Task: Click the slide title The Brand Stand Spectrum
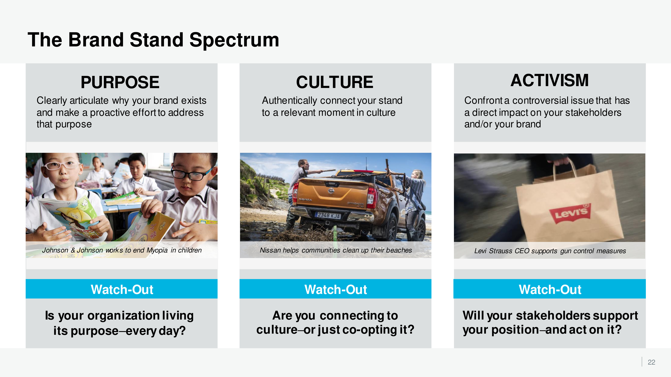[x=153, y=40]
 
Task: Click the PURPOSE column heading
[x=120, y=82]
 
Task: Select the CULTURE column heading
[x=334, y=82]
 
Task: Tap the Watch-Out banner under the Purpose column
[x=122, y=289]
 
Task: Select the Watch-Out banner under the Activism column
[x=550, y=289]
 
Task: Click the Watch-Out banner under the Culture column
[x=335, y=289]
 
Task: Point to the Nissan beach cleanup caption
[x=336, y=250]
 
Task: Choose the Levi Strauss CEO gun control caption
[x=550, y=251]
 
